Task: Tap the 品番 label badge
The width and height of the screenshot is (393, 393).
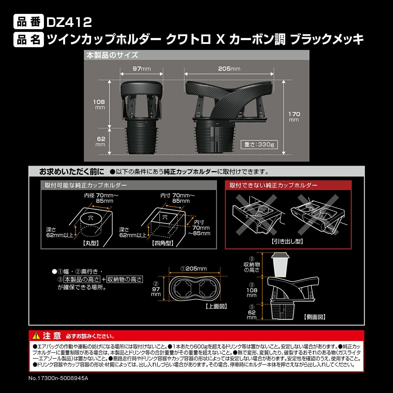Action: point(29,22)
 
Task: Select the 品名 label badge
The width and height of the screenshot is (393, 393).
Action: point(29,40)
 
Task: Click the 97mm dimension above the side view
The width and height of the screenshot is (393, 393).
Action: point(141,69)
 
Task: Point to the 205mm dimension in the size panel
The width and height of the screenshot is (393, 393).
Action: point(229,69)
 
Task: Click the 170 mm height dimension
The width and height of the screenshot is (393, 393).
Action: point(294,117)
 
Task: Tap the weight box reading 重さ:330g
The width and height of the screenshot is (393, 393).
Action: point(259,145)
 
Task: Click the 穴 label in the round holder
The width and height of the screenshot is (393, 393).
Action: point(91,218)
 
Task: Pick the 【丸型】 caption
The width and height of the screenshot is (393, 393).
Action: point(91,243)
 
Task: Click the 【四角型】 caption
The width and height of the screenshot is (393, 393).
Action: point(163,243)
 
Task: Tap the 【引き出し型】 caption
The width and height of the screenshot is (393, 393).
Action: point(287,241)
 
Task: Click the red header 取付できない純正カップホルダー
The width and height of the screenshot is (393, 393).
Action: point(274,185)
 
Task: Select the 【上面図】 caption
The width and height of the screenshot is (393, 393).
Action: point(216,306)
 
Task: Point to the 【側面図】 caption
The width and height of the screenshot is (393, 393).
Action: point(315,317)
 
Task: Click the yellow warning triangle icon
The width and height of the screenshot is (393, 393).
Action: point(36,336)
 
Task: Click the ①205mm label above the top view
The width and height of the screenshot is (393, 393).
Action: point(194,269)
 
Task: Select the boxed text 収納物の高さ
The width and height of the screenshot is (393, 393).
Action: point(124,280)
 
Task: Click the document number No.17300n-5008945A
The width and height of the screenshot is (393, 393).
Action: point(58,378)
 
